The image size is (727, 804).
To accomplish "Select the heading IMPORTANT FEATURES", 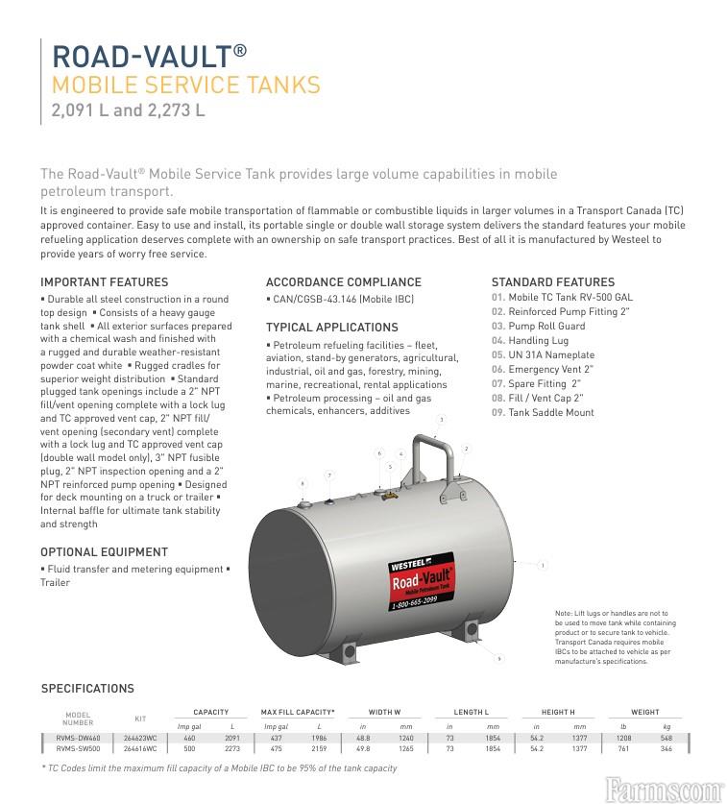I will [104, 282].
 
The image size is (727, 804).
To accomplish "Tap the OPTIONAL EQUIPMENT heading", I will [104, 552].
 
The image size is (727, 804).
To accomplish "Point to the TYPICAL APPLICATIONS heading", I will [330, 328].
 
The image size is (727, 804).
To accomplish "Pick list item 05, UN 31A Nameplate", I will [543, 355].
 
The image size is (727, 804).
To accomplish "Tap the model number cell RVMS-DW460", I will [78, 737].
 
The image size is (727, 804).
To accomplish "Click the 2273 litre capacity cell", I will [231, 746].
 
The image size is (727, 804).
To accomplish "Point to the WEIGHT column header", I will [645, 712].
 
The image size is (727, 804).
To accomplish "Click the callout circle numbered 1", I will [543, 566].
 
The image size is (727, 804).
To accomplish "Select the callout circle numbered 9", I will [499, 659].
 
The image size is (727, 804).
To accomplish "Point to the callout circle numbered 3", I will [441, 420].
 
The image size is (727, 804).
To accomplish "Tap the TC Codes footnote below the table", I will [219, 768].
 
